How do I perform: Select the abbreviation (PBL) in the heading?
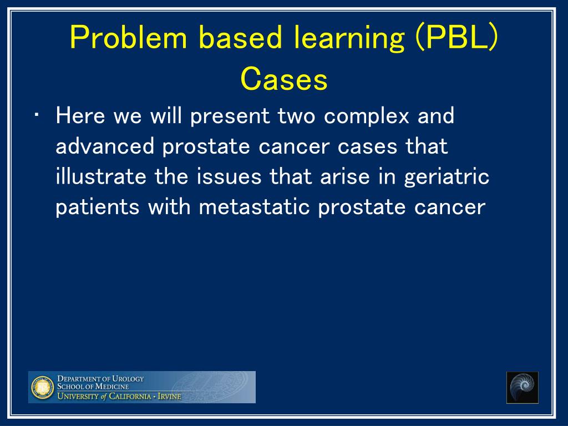pos(457,38)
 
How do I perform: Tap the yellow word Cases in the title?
pos(284,79)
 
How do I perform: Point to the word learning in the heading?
pos(348,39)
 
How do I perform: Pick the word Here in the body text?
pos(80,116)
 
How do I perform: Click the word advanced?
pos(105,146)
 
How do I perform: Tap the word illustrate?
pos(101,177)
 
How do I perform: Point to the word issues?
pos(229,177)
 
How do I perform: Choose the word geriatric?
pos(447,178)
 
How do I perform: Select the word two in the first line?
pos(296,116)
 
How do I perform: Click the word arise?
pos(345,177)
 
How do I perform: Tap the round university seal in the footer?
pos(42,387)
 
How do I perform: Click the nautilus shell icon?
pos(523,387)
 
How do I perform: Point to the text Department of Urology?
pos(101,379)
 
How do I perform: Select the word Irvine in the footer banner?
pos(169,396)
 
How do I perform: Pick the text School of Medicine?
pos(93,387)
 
